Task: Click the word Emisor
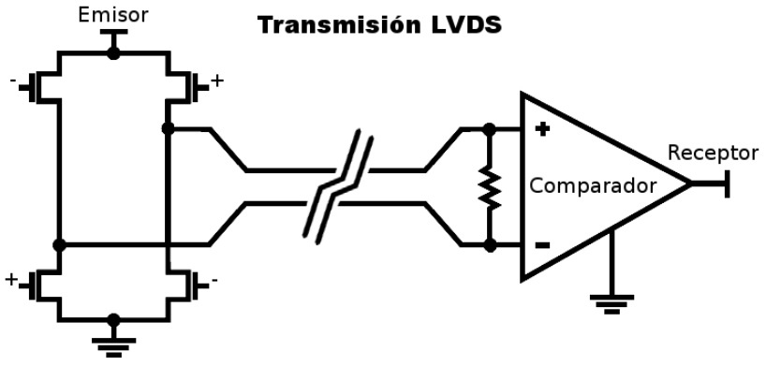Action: pos(113,15)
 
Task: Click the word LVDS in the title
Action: pos(466,25)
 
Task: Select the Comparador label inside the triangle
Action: pos(593,186)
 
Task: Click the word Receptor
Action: pos(713,153)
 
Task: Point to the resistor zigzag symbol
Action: pos(490,187)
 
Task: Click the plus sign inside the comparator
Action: pos(542,129)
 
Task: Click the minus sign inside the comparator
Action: pos(542,245)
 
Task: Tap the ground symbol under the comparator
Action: pos(611,303)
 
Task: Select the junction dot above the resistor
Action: pos(489,129)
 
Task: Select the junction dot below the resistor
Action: pos(490,245)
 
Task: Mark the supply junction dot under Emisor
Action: pos(113,52)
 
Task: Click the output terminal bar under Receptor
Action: pos(728,183)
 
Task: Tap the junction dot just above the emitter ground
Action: pos(114,320)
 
